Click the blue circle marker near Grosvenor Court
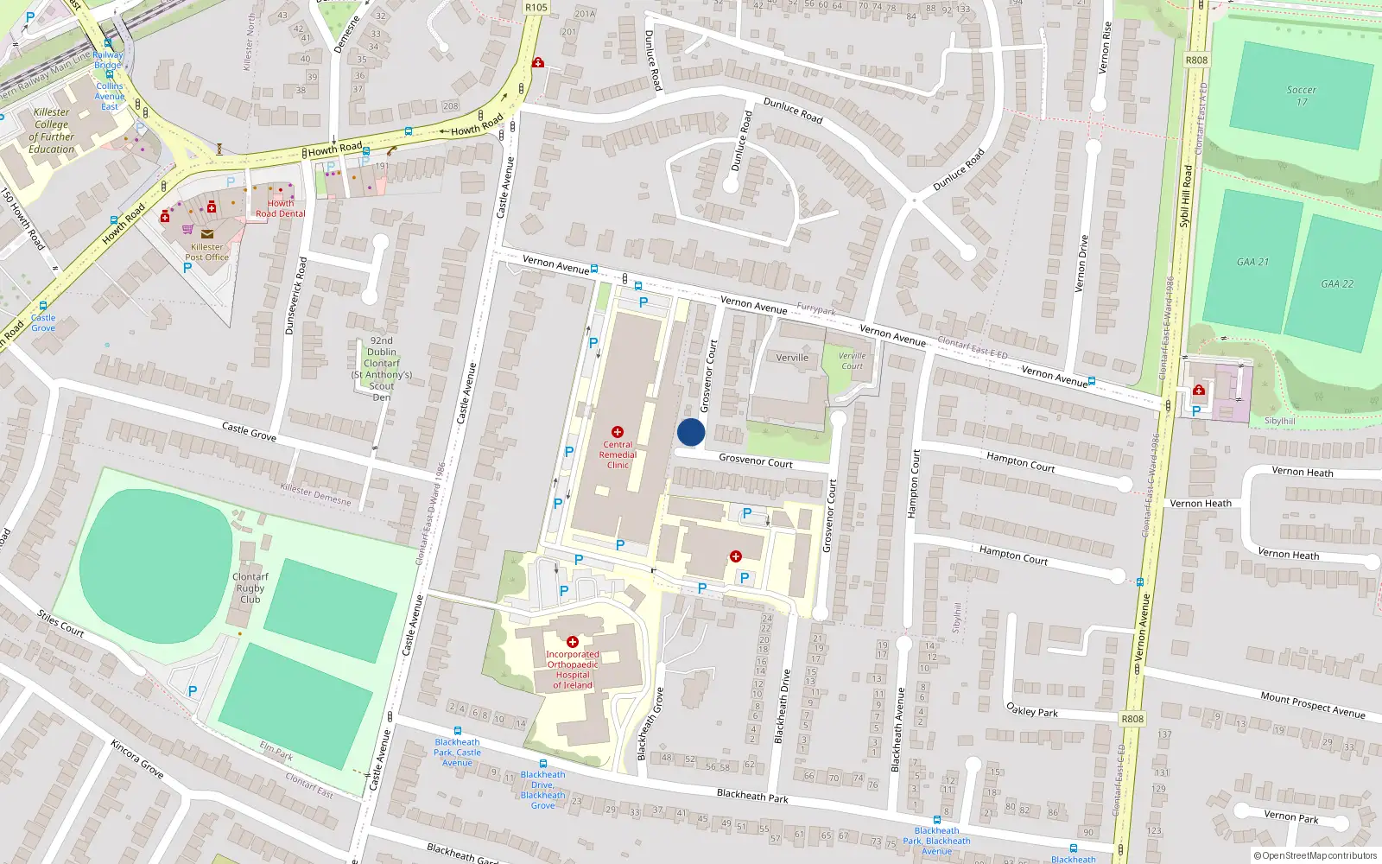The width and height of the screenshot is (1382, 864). coord(691,432)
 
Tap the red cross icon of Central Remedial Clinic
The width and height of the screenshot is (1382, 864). coord(618,431)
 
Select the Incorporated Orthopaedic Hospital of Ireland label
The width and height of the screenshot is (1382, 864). coord(573,670)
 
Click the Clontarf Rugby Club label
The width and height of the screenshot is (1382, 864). coord(250,588)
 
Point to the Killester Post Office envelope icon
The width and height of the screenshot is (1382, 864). coord(207,233)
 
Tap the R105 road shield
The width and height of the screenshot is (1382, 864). coord(536,7)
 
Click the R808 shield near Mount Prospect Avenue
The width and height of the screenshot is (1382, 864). coord(1132,719)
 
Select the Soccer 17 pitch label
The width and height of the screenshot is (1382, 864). coord(1301,95)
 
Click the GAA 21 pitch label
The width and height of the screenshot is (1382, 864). coord(1252,262)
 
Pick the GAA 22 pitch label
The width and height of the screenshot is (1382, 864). coord(1336,283)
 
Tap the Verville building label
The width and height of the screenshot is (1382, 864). coord(792,357)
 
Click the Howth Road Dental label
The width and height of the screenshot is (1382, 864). coord(280,208)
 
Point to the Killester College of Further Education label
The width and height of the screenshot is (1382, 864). coord(52,130)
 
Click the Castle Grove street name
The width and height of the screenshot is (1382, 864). coord(249,431)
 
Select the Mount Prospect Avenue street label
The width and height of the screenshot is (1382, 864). coord(1312,704)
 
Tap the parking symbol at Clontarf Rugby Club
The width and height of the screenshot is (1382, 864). coord(193,690)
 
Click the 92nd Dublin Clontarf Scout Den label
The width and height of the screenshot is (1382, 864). coord(382,369)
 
